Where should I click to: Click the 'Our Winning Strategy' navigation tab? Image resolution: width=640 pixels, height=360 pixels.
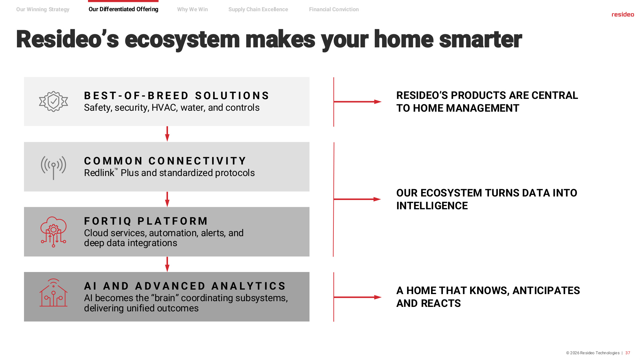point(43,10)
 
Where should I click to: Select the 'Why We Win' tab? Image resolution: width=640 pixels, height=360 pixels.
point(192,10)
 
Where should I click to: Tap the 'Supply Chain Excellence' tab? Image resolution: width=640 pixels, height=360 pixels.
point(258,10)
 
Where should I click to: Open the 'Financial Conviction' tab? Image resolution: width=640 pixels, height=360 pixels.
point(334,10)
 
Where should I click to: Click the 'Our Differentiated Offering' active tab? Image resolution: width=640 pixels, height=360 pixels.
point(124,9)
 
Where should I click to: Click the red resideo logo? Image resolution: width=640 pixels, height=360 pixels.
point(623,14)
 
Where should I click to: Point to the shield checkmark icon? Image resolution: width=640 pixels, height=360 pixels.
point(53,101)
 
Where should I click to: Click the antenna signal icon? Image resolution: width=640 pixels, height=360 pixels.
point(53,167)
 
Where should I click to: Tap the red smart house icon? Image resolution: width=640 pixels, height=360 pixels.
point(53,293)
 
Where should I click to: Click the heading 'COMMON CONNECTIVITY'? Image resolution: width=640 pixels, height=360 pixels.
point(165,161)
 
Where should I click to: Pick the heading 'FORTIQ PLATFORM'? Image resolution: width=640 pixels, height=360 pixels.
point(146,221)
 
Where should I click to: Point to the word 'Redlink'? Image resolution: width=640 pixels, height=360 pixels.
point(99,173)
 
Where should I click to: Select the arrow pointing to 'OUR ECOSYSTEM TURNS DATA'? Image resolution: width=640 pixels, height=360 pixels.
point(357,199)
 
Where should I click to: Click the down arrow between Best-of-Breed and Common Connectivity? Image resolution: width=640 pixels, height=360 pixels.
point(167,134)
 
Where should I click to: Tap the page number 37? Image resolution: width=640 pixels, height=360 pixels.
point(628,353)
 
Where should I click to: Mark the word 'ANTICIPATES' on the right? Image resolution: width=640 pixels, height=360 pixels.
point(546,291)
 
